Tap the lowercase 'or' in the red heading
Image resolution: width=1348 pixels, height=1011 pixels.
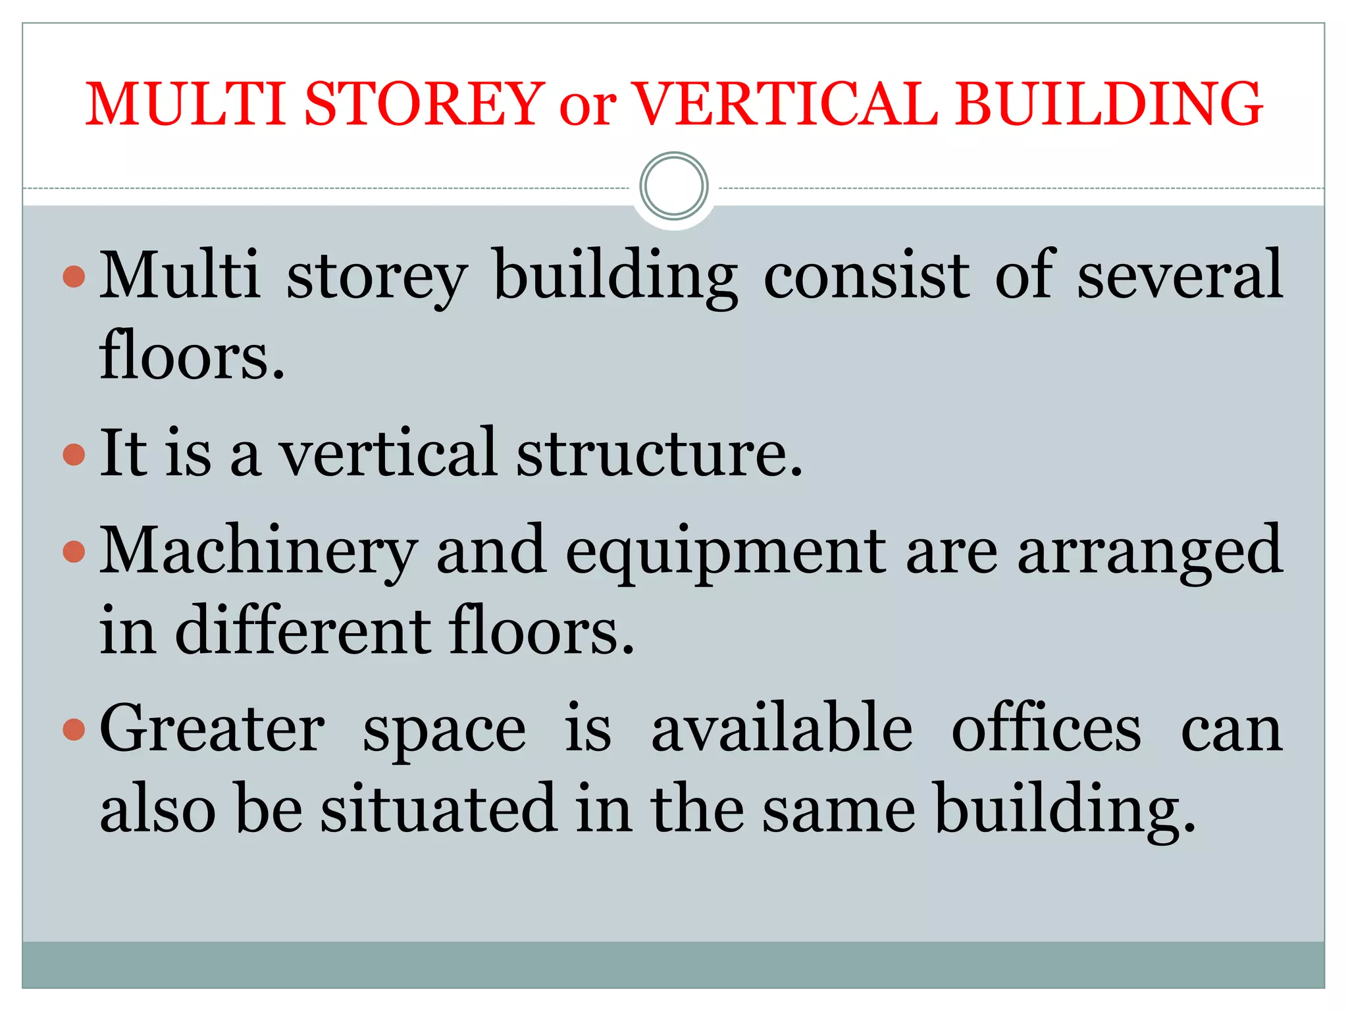[x=587, y=107]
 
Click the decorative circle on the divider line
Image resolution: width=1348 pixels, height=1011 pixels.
[x=673, y=186]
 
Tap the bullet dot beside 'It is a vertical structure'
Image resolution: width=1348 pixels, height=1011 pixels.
[x=74, y=454]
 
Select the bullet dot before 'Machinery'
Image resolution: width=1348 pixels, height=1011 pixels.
[x=74, y=551]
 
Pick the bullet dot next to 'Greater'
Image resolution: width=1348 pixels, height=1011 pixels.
[x=74, y=729]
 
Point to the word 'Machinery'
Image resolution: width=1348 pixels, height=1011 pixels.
[x=258, y=553]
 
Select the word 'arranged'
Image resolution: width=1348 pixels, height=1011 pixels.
[x=1150, y=553]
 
